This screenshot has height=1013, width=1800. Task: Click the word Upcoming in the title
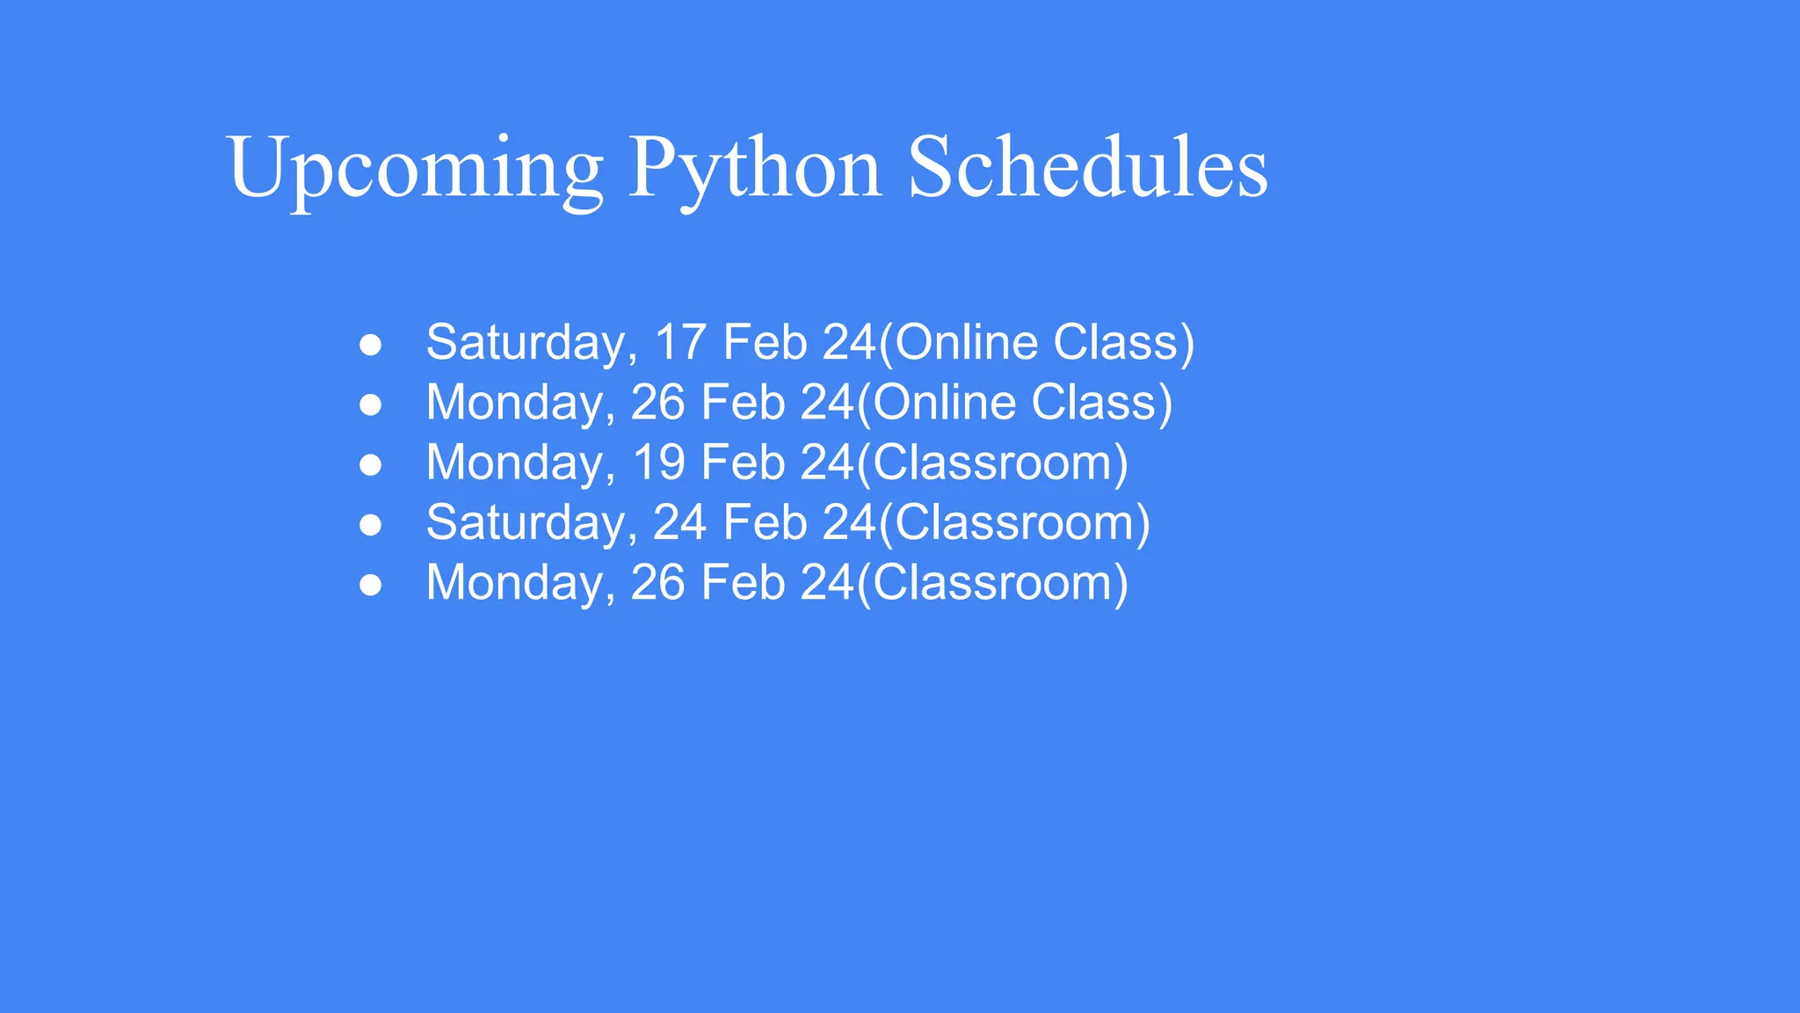click(x=415, y=169)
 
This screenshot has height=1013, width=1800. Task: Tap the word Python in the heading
click(x=754, y=169)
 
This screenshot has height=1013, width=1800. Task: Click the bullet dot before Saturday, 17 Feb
click(x=371, y=346)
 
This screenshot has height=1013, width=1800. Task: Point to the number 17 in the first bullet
click(x=680, y=342)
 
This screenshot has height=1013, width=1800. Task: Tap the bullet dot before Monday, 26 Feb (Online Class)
click(x=371, y=405)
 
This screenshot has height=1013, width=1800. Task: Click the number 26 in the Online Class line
click(x=657, y=403)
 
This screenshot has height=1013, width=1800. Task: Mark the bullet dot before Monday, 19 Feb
click(x=371, y=465)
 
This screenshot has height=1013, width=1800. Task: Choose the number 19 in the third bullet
click(x=658, y=463)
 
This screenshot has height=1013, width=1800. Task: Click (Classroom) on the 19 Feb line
click(x=992, y=463)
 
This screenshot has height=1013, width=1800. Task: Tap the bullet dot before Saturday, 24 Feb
click(x=371, y=525)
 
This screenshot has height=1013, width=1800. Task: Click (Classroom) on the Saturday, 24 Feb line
click(x=1014, y=522)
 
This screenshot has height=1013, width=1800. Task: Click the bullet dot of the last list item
click(x=371, y=585)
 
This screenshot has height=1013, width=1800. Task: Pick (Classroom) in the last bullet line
click(x=992, y=582)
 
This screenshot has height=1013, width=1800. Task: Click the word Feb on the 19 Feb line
click(x=743, y=463)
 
